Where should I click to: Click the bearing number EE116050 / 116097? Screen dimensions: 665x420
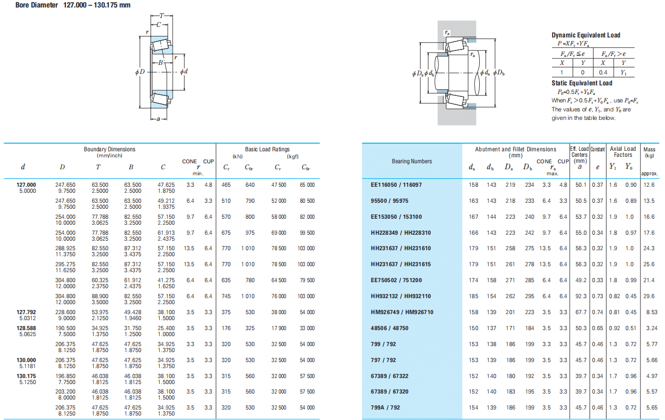396,185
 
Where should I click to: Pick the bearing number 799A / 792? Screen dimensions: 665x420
385,408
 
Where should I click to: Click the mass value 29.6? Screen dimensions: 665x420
649,296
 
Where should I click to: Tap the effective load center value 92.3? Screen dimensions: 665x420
581,296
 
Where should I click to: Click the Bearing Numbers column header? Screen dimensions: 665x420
411,161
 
